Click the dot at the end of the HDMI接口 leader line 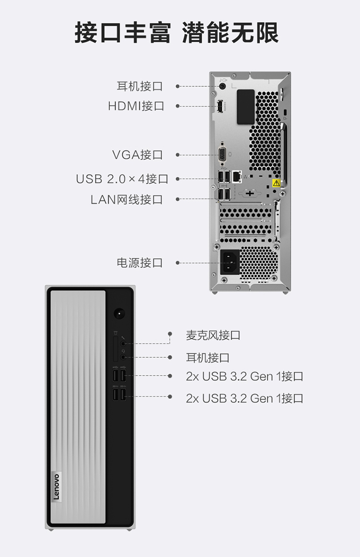pyautogui.click(x=177, y=106)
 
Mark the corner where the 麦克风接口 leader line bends pyautogui.click(x=169, y=344)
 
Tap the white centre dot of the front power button pyautogui.click(x=119, y=314)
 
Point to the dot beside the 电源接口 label pyautogui.click(x=177, y=263)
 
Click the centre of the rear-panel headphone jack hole pyautogui.click(x=222, y=86)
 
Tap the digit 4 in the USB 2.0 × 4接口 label pyautogui.click(x=141, y=178)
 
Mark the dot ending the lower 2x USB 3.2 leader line pyautogui.click(x=170, y=396)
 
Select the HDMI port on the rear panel pyautogui.click(x=220, y=106)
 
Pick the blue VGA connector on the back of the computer pyautogui.click(x=222, y=154)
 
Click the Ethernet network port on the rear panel pyautogui.click(x=237, y=177)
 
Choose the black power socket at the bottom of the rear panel pyautogui.click(x=229, y=262)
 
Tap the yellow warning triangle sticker pyautogui.click(x=276, y=183)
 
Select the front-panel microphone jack pyautogui.click(x=123, y=344)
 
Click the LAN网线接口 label pyautogui.click(x=127, y=200)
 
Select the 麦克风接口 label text pyautogui.click(x=213, y=335)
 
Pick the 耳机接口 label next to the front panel pyautogui.click(x=208, y=357)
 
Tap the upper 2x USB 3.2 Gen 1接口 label pyautogui.click(x=244, y=376)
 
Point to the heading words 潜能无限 pyautogui.click(x=230, y=32)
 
